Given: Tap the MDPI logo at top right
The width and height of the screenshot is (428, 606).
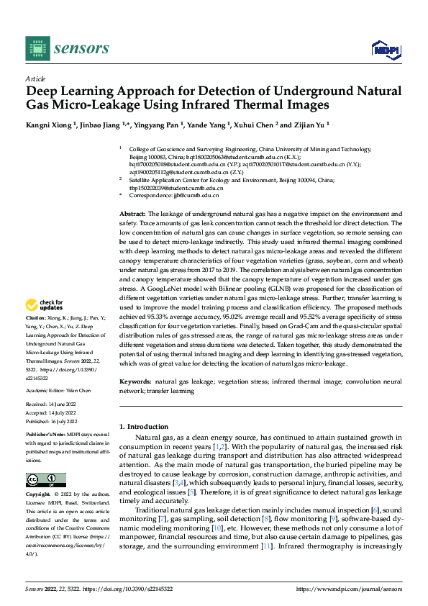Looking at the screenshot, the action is click(385, 48).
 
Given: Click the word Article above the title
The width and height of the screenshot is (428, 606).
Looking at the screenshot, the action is click(35, 78).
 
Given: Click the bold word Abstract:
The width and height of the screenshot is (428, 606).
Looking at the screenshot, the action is click(132, 214).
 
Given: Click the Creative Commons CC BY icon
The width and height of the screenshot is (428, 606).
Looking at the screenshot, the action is click(45, 479).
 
